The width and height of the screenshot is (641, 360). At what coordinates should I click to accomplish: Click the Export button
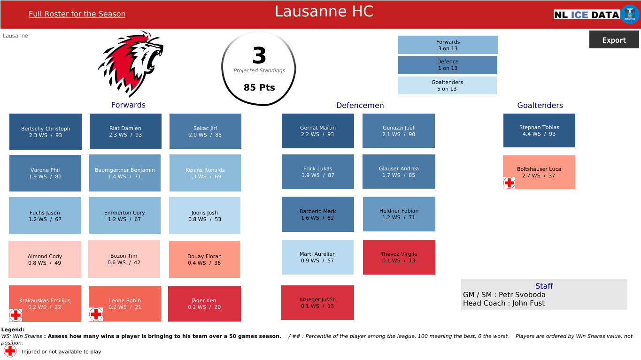[614, 40]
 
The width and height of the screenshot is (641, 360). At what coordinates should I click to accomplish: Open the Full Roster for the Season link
[77, 14]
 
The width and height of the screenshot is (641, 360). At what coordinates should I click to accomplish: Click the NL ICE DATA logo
[596, 15]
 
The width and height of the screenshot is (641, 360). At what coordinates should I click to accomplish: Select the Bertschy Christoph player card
[46, 131]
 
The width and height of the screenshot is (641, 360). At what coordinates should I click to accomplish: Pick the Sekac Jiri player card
[205, 131]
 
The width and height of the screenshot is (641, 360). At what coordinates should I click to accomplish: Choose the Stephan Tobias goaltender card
[539, 130]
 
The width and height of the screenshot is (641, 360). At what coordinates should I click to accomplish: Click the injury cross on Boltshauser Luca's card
[509, 183]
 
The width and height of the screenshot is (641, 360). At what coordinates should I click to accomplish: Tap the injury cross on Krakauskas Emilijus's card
[15, 315]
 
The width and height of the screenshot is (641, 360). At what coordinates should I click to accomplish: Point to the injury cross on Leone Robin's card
[96, 314]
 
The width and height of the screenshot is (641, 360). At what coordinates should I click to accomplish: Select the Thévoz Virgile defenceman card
[399, 257]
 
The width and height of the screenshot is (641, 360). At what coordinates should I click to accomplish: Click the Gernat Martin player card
[318, 131]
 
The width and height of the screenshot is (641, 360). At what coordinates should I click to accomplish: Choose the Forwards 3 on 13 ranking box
[448, 45]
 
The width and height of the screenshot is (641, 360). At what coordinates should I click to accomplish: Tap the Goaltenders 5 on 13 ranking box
[447, 85]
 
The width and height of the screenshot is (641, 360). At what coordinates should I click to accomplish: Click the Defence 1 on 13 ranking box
[448, 65]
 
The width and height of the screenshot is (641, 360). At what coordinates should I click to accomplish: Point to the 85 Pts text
[259, 87]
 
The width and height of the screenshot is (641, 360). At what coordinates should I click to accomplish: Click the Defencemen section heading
[360, 106]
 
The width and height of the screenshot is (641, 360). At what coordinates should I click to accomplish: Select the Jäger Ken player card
[204, 304]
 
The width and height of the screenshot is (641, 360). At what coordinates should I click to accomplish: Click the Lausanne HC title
[324, 12]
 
